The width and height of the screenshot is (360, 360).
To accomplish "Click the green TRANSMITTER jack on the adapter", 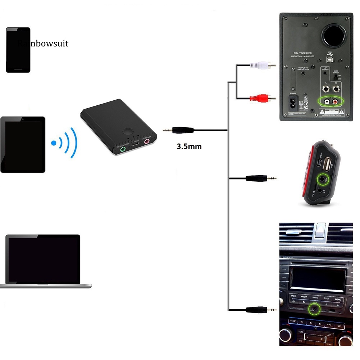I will coord(124,148).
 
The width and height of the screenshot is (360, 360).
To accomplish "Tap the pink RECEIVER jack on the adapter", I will coord(147,141).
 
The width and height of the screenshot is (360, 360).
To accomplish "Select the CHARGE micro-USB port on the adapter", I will coord(135,145).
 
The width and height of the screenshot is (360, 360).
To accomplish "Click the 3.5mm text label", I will coord(189,146).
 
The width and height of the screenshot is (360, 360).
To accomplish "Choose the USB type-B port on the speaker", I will coord(329,59).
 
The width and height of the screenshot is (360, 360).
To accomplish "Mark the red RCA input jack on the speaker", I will coord(335,102).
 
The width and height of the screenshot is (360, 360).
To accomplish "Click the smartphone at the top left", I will coord(18,50).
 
